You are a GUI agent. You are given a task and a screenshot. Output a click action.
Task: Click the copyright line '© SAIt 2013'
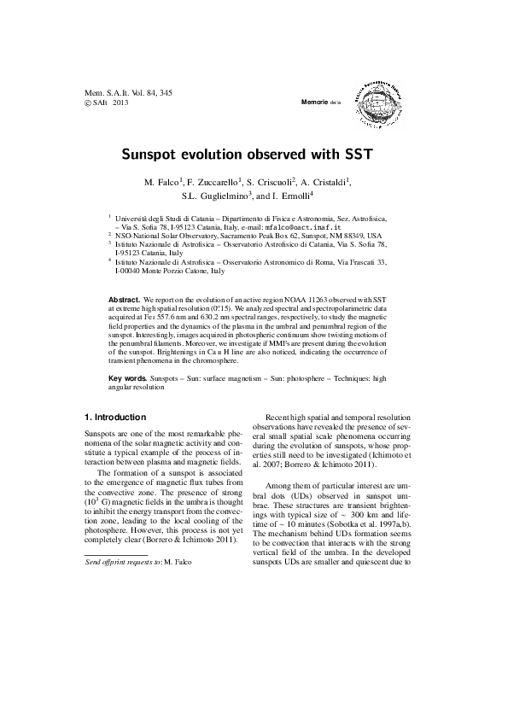click(107, 102)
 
